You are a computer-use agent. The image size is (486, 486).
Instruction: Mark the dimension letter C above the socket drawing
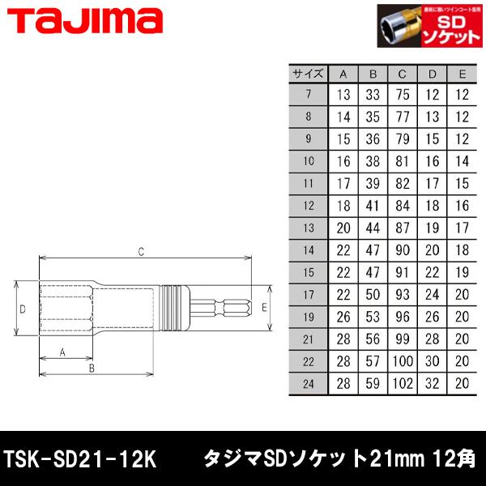[x=140, y=253]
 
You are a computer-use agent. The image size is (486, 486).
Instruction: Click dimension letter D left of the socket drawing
[x=23, y=309]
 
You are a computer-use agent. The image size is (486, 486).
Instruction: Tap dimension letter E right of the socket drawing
[x=263, y=307]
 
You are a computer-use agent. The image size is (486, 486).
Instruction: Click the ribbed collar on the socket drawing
[x=173, y=309]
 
